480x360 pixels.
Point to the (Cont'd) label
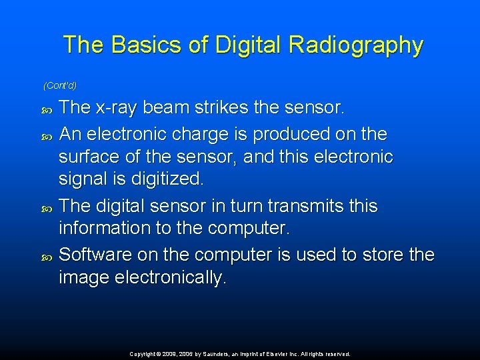coord(60,85)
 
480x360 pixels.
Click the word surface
coord(87,157)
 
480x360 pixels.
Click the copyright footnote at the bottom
coord(240,354)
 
